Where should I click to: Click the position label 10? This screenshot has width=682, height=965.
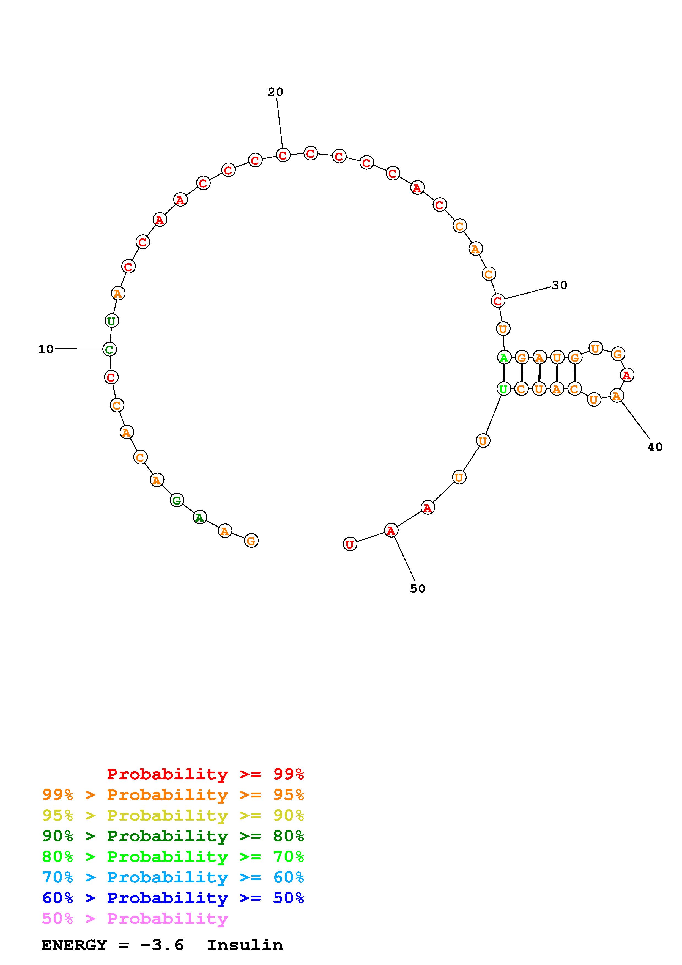[x=46, y=349]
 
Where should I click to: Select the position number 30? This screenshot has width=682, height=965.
[x=559, y=285]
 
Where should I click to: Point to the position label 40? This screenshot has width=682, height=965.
[x=655, y=447]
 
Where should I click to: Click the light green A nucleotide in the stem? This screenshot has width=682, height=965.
[x=504, y=358]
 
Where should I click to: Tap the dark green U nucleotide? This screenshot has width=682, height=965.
[x=111, y=321]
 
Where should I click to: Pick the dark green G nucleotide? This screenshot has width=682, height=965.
[x=177, y=500]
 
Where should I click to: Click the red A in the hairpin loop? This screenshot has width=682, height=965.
[x=627, y=375]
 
